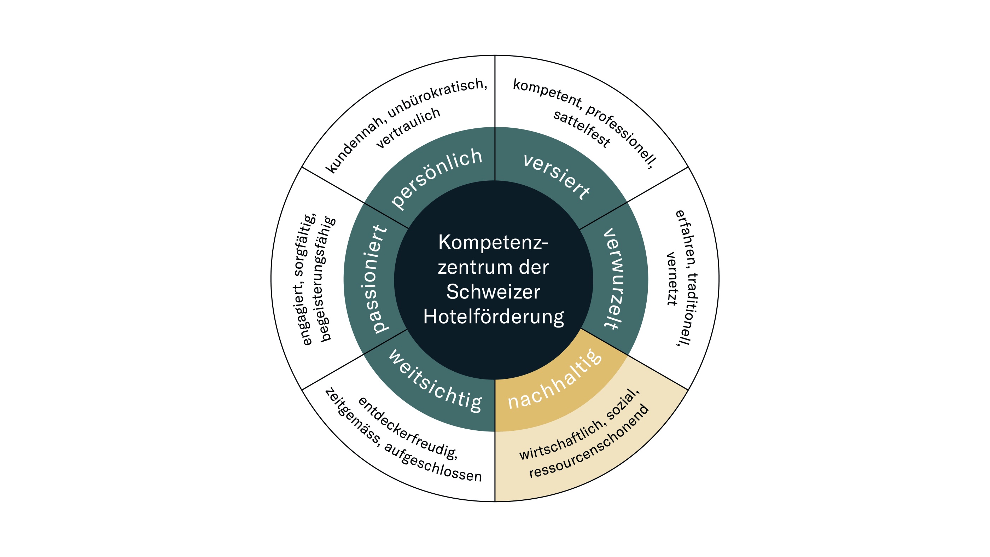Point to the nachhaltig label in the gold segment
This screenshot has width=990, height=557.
tap(554, 379)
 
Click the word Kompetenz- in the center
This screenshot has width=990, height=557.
tap(493, 243)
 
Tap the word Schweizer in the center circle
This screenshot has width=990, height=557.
tap(493, 292)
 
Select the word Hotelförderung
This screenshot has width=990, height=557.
tap(494, 317)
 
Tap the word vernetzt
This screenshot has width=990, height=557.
tap(672, 279)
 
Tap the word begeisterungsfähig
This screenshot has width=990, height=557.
tap(325, 279)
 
